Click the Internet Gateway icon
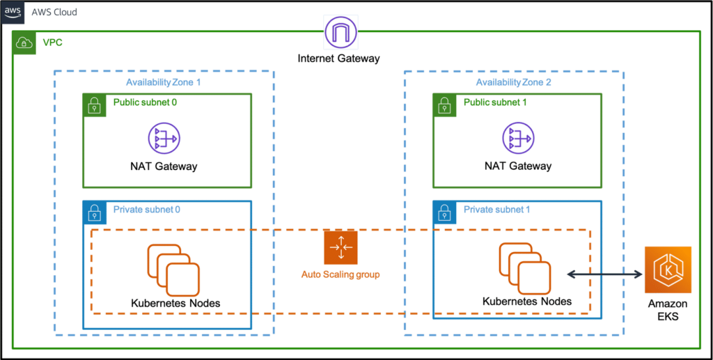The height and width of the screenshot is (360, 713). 341,32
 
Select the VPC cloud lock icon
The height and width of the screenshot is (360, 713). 24,43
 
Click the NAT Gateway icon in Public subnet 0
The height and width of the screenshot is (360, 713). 164,138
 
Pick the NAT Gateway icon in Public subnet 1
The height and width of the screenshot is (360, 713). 516,138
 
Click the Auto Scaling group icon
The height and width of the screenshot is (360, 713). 340,246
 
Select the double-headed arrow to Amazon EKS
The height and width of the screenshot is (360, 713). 604,274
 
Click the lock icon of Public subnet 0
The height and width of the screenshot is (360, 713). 93,104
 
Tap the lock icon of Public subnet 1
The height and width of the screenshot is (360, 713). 444,104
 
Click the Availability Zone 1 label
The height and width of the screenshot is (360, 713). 163,83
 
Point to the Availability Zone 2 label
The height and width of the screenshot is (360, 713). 513,83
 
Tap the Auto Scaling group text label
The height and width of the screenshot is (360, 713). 340,274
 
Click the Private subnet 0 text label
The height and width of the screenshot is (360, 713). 146,210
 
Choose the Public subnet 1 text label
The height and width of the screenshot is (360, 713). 496,102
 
